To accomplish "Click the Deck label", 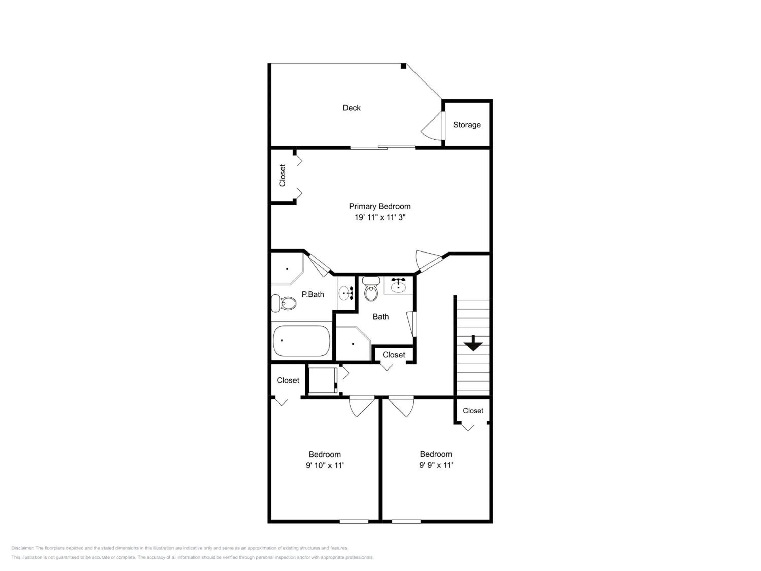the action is (x=352, y=108).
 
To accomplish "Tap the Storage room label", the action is (x=467, y=125).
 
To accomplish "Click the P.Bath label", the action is (x=313, y=294).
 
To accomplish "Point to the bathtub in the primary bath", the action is (x=301, y=341).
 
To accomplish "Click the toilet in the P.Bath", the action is (x=284, y=303).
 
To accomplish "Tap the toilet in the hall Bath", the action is (x=371, y=289).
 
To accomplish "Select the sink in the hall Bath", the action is (x=399, y=285).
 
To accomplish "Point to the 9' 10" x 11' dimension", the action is (x=325, y=466).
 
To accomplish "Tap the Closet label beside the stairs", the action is (x=473, y=411).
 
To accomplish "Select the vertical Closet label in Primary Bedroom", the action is (x=282, y=176).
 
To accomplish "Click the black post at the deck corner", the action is (x=403, y=66).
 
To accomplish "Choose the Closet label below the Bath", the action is (x=394, y=355).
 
